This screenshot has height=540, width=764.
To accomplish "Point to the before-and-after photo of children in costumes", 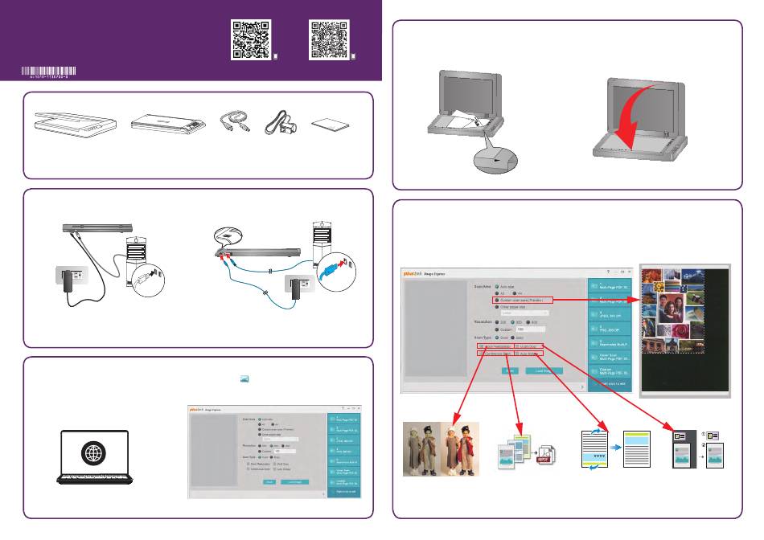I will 441,448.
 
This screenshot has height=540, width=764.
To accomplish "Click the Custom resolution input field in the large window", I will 532,329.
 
